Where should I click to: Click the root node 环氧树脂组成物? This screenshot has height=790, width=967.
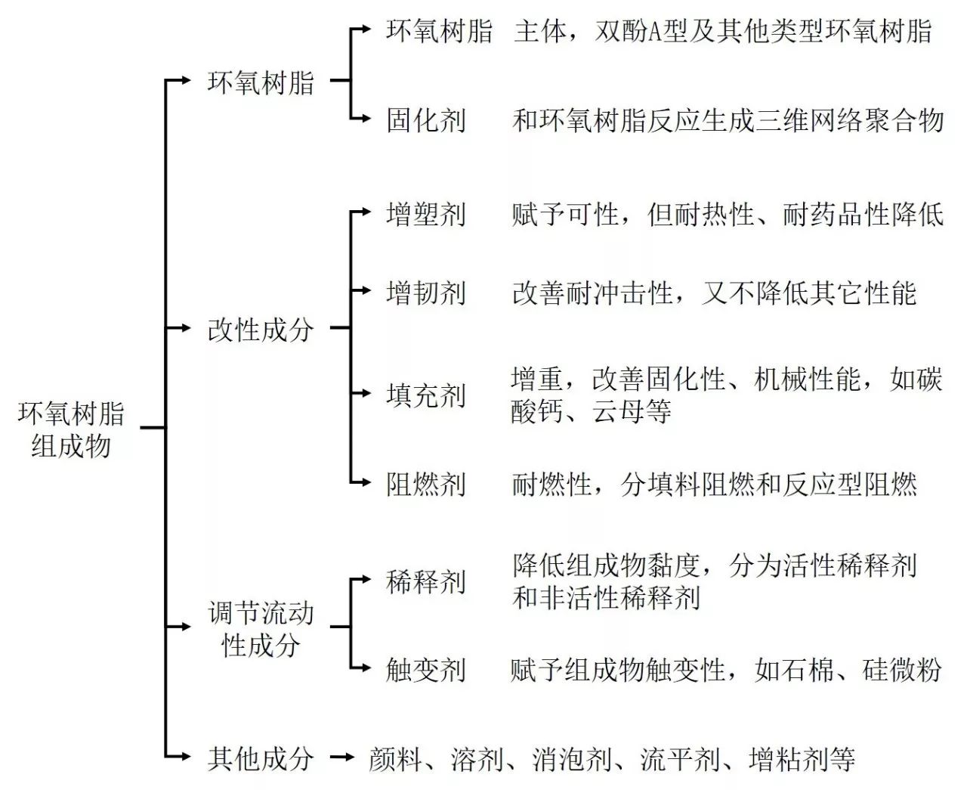point(71,429)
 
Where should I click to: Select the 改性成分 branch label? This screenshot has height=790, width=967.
point(260,329)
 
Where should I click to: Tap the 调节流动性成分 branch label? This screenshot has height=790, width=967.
point(260,628)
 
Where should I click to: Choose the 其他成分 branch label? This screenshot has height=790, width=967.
point(260,758)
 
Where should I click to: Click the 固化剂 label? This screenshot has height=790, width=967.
point(425,120)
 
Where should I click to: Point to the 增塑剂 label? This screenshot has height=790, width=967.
point(425,215)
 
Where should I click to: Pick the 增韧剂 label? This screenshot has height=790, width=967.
point(425,293)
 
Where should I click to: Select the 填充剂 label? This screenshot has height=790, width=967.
point(425,395)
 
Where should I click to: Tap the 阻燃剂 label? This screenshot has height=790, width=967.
point(425,484)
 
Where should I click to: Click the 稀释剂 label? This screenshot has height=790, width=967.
point(425,582)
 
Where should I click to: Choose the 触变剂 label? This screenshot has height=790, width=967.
point(425,669)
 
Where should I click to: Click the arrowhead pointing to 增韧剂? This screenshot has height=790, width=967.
point(367,290)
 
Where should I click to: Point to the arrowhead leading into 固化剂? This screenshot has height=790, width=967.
point(367,119)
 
